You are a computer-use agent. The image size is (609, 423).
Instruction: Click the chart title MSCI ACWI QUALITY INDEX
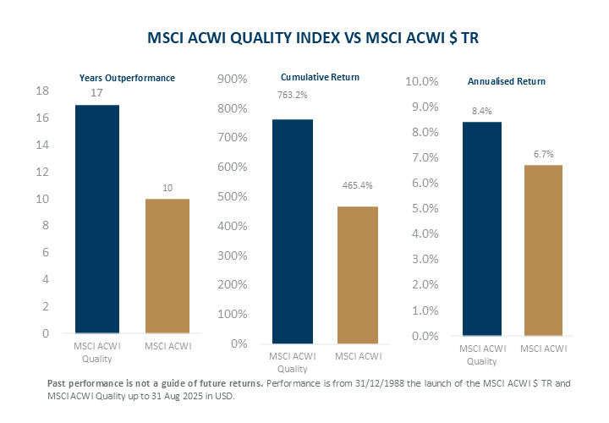pos(304,38)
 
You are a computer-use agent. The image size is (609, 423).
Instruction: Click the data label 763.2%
pos(293,95)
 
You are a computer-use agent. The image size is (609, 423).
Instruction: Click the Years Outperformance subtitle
pos(127,78)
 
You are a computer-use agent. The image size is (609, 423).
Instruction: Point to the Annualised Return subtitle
pos(507,81)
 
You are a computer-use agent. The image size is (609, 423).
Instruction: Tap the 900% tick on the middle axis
pos(232,80)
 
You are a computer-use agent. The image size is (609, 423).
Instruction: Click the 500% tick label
pos(232,197)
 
